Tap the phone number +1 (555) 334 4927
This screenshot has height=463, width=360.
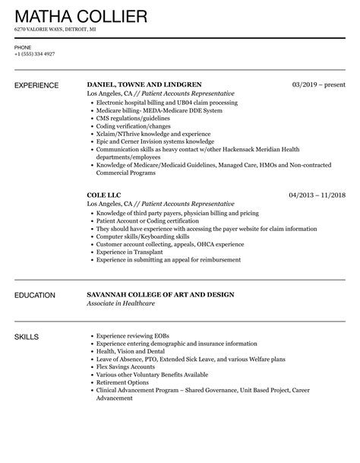pos(34,54)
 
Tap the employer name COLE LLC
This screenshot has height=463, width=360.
pos(105,195)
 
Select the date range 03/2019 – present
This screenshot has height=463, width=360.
pos(318,84)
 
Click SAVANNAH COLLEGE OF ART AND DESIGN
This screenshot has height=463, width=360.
pos(161,294)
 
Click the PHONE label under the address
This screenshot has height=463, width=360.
pos(22,46)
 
